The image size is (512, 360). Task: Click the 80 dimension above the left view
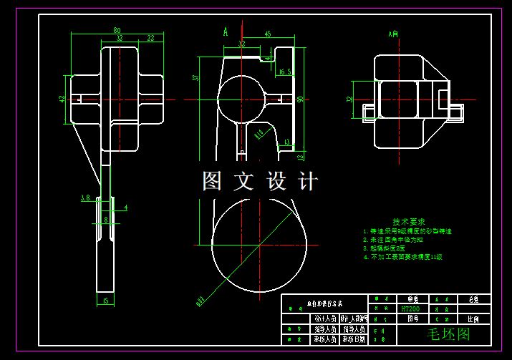point(117,30)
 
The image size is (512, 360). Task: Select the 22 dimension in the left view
point(150,38)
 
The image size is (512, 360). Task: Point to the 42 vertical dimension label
point(62,99)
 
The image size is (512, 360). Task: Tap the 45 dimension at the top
point(268,34)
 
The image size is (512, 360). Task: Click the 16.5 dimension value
point(284,72)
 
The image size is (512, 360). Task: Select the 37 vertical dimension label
point(195,78)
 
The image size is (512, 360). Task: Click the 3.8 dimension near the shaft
point(84,198)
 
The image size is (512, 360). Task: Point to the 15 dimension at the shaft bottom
point(105,301)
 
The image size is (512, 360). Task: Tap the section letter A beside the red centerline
point(226,31)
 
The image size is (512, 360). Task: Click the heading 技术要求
point(409,222)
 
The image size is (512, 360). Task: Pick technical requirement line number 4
point(403,256)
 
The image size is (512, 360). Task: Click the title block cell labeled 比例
point(473,319)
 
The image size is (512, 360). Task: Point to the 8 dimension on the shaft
point(105,219)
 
